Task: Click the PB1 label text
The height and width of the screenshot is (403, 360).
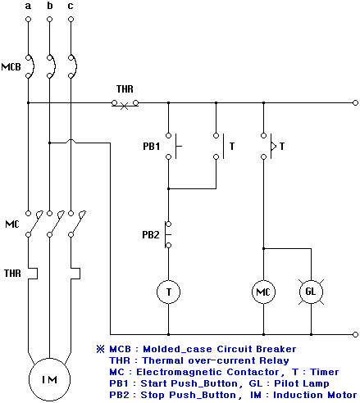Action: coord(151,147)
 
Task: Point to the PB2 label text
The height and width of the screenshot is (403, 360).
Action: coord(151,234)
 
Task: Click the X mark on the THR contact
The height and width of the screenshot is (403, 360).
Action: coord(125,106)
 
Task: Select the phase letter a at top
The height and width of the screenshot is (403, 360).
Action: coord(28,6)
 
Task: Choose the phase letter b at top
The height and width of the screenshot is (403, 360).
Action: coord(50,5)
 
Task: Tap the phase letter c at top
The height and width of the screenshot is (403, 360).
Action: coord(71,6)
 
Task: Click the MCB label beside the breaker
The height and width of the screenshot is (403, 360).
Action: coord(11,67)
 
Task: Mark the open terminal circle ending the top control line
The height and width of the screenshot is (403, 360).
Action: coord(355,103)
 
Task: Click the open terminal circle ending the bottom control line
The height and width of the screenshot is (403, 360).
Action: coord(355,334)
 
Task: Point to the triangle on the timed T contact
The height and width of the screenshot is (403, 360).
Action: coord(274,147)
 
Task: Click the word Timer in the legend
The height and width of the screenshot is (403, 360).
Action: coord(325,372)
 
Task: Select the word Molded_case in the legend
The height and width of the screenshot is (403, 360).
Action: coord(177,349)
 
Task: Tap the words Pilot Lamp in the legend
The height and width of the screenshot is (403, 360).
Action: coord(302,383)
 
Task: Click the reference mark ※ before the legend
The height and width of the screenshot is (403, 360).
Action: coord(101,349)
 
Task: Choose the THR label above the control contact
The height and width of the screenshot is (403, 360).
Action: coord(125,89)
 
